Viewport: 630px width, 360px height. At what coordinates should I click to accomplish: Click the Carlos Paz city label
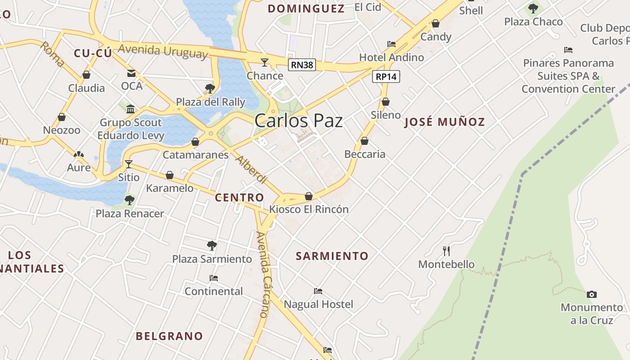pyautogui.click(x=298, y=121)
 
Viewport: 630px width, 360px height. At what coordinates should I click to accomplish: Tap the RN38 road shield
pyautogui.click(x=301, y=65)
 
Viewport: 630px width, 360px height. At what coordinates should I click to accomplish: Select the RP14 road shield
pyautogui.click(x=386, y=76)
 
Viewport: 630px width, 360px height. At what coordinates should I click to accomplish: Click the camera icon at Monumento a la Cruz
pyautogui.click(x=592, y=295)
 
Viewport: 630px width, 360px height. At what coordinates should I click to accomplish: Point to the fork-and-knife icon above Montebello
pyautogui.click(x=446, y=251)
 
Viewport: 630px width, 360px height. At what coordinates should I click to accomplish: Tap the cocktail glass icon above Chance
pyautogui.click(x=265, y=62)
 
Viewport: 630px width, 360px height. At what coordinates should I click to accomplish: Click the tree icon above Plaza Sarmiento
pyautogui.click(x=212, y=246)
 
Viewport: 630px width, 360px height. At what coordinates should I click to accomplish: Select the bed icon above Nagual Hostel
pyautogui.click(x=318, y=291)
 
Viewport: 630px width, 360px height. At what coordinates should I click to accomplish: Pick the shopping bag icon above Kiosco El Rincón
pyautogui.click(x=309, y=196)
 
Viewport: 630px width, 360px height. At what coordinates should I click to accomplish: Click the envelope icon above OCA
pyautogui.click(x=131, y=73)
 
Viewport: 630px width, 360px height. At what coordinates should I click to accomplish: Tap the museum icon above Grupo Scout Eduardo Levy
pyautogui.click(x=130, y=109)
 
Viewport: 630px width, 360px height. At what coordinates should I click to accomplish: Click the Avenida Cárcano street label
pyautogui.click(x=261, y=274)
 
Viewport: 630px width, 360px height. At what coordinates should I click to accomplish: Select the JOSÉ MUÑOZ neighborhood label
pyautogui.click(x=445, y=122)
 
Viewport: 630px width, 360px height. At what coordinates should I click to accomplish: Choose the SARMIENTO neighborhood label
pyautogui.click(x=332, y=256)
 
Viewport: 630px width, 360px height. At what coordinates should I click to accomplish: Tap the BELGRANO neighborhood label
pyautogui.click(x=169, y=336)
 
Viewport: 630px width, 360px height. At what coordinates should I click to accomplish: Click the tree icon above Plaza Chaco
pyautogui.click(x=533, y=8)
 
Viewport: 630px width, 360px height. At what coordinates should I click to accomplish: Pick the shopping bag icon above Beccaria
pyautogui.click(x=364, y=141)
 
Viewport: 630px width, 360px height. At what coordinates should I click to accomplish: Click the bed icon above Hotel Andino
pyautogui.click(x=391, y=44)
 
